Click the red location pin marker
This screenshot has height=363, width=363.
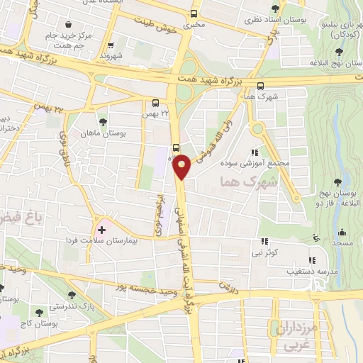point(182,166)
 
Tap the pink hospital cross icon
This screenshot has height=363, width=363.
point(101,230)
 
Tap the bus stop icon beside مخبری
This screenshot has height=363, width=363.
point(195,13)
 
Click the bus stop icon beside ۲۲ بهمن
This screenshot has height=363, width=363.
point(155,102)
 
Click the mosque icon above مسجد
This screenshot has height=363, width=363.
point(342,233)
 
